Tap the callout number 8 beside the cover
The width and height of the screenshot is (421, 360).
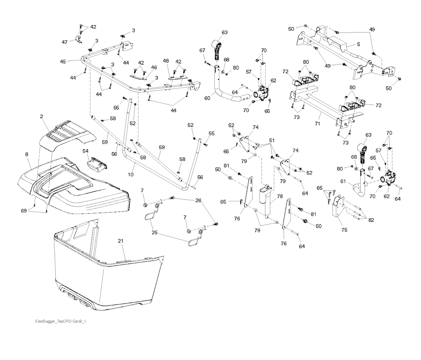[26, 154]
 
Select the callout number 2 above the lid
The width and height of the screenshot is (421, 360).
[42, 117]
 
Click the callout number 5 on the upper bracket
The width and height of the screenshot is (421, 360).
[358, 44]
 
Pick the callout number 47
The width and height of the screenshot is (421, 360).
[65, 42]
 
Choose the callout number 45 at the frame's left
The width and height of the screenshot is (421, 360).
[63, 61]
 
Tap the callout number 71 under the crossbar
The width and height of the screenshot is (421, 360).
[317, 123]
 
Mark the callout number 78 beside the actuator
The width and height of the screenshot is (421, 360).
[280, 196]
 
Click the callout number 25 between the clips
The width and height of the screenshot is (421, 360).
[154, 232]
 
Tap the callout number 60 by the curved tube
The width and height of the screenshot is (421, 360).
[208, 98]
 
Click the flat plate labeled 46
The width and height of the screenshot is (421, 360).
[138, 75]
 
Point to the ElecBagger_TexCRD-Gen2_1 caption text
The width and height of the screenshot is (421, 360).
[60, 321]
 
